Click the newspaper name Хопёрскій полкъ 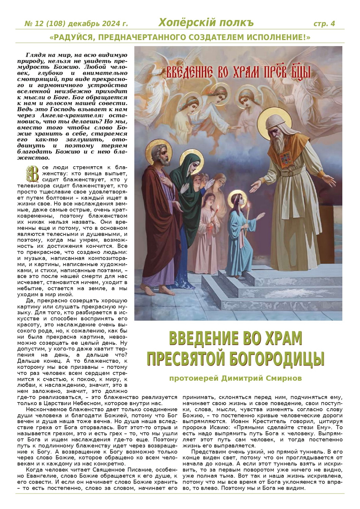click(x=206, y=23)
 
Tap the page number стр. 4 click(x=324, y=24)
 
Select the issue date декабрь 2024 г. click(x=98, y=24)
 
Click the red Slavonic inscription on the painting click(x=238, y=73)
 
